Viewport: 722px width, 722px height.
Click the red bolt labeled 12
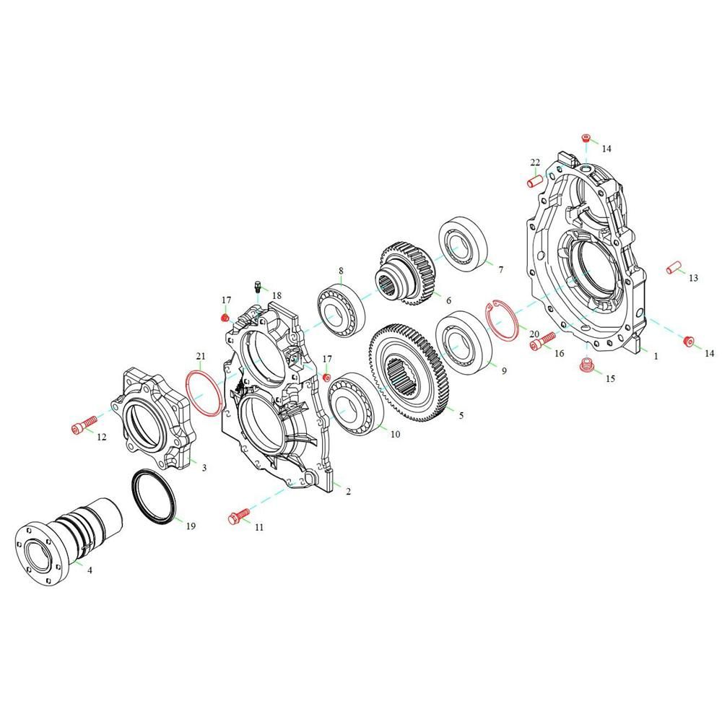pyautogui.click(x=84, y=423)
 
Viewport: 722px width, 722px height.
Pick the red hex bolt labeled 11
pyautogui.click(x=238, y=516)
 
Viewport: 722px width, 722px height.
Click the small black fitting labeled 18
pyautogui.click(x=258, y=287)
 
